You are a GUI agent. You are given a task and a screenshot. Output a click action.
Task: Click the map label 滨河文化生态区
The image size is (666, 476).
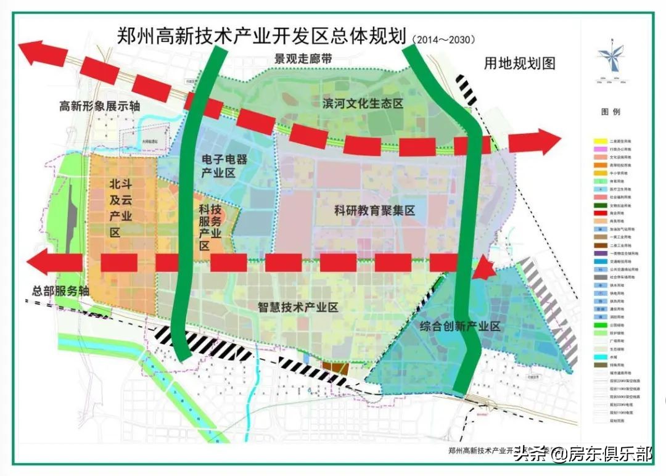362,104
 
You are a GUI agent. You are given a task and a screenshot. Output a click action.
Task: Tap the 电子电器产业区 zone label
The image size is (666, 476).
224,166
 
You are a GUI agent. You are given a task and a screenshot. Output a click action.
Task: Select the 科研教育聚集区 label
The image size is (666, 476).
375,210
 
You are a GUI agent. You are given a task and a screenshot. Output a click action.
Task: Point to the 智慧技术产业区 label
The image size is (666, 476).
298,307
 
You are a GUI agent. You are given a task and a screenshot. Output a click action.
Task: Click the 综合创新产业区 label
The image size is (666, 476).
459,326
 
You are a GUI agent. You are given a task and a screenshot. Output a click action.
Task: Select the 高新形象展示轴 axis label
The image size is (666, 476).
99,106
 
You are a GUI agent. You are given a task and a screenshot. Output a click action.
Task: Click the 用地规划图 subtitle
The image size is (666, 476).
520,63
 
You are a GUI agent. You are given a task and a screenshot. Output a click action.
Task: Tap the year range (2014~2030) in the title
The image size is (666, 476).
442,39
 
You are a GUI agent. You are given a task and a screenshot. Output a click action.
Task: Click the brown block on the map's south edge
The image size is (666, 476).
335,367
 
